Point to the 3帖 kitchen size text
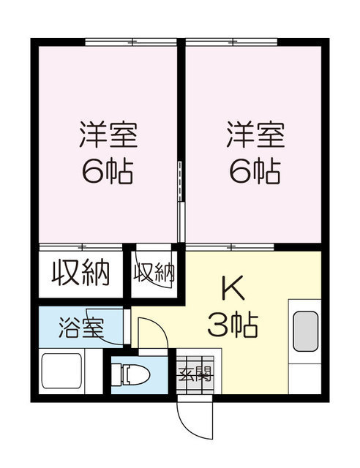pyautogui.click(x=233, y=326)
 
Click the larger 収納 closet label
pyautogui.click(x=80, y=273)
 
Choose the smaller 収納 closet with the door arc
pyautogui.click(x=154, y=273)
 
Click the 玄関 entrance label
pyautogui.click(x=195, y=376)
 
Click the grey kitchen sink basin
pyautogui.click(x=305, y=331)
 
